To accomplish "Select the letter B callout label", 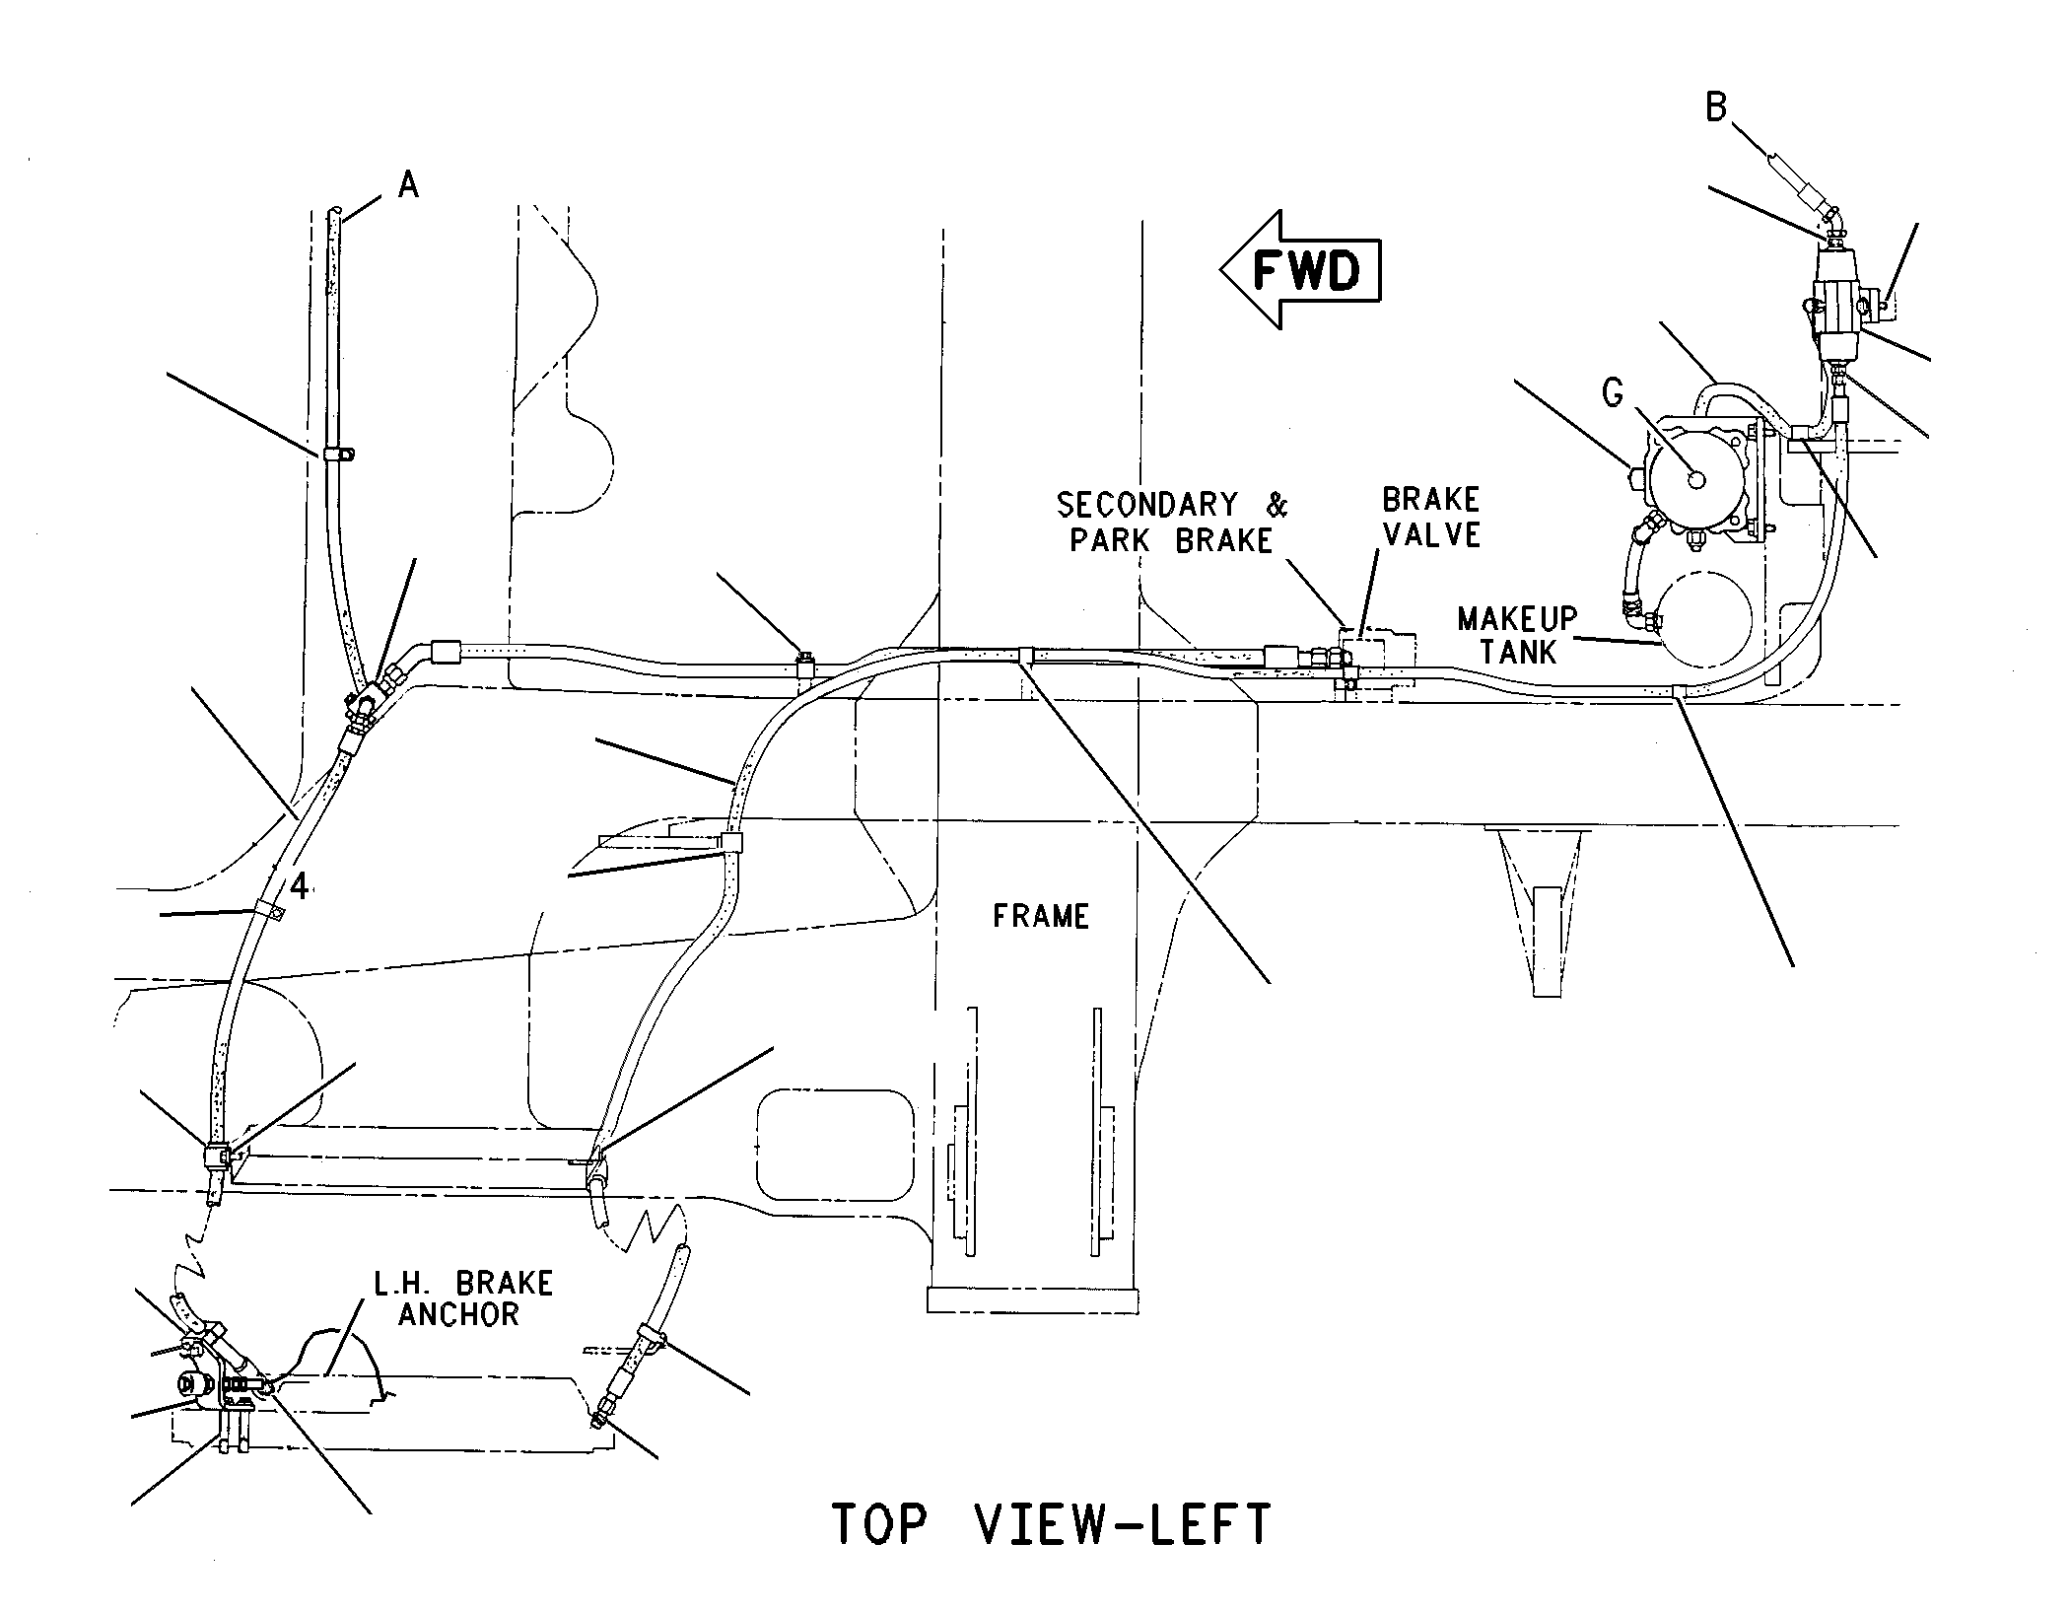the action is coord(1716,106).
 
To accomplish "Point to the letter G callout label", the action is coord(1613,394).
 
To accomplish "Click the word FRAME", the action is coord(1041,916).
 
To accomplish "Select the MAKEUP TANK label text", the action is coord(1518,635).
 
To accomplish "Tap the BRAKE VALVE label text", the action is coord(1431,517).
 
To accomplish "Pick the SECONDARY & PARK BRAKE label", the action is coord(1172,523).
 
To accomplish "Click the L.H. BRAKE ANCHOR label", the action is coord(461,1298).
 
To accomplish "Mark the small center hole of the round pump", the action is coord(1695,479).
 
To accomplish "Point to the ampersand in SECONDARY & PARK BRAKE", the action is coord(1276,505).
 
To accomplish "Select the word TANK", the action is coord(1518,652).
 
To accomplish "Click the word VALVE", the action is coord(1431,534).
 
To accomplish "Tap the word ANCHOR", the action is coord(459,1314).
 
